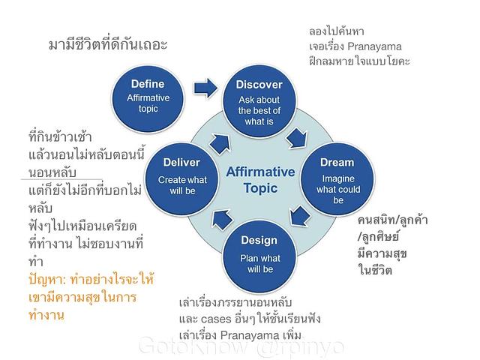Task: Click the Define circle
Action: (x=148, y=99)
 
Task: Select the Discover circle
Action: (x=259, y=101)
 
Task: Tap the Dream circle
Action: (x=337, y=179)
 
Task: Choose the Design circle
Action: (x=259, y=256)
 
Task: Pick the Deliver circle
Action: (x=181, y=179)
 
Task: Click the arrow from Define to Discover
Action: (x=205, y=88)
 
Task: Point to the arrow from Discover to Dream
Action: (x=297, y=138)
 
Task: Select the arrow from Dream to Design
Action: (x=299, y=216)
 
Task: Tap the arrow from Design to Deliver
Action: (x=222, y=219)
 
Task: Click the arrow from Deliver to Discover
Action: (x=220, y=142)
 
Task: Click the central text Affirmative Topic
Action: (x=260, y=180)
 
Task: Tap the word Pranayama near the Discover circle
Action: (x=374, y=46)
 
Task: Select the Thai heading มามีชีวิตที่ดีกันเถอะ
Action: (x=108, y=45)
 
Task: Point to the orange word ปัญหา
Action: (x=46, y=280)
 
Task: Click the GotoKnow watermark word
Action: (x=193, y=346)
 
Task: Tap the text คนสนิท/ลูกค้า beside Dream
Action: (x=392, y=220)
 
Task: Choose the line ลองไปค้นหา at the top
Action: (x=337, y=31)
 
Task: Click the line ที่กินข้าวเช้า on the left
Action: (x=60, y=136)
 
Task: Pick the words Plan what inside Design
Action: (x=260, y=258)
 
